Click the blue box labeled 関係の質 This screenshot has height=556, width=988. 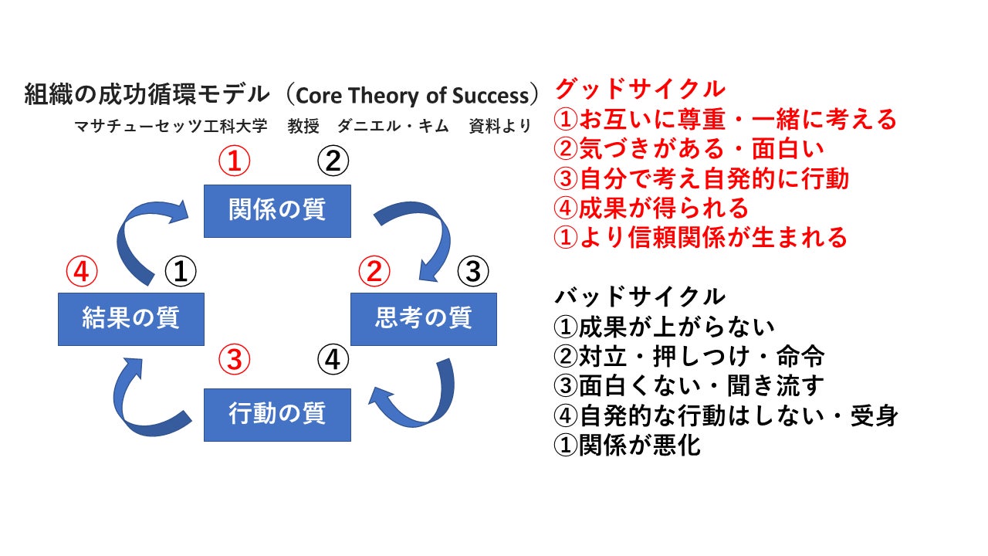[277, 211]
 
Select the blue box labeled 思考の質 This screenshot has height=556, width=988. [424, 318]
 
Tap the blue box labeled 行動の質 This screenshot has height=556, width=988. [277, 415]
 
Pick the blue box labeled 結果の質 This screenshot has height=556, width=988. [131, 318]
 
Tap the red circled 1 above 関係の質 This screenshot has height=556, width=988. [235, 161]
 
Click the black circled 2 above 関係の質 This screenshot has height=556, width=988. [333, 161]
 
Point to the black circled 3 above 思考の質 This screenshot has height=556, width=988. [473, 271]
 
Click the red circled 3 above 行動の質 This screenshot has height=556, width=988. [235, 359]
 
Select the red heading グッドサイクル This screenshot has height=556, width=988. [640, 89]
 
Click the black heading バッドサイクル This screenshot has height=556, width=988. [640, 296]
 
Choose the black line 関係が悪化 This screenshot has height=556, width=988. [628, 446]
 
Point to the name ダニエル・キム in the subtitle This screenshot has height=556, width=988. [393, 127]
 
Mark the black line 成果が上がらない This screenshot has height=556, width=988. [665, 327]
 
